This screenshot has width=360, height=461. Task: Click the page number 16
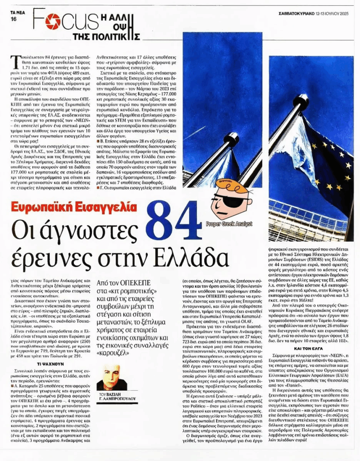[x=13, y=19]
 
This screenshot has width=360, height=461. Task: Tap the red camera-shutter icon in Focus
[x=53, y=21]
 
